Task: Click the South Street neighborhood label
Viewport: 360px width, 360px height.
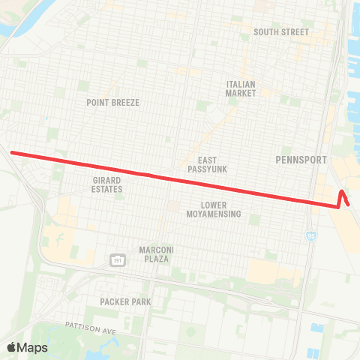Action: (x=281, y=31)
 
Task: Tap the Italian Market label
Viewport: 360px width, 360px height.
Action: (x=241, y=88)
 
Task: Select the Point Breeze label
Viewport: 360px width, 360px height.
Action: (x=113, y=103)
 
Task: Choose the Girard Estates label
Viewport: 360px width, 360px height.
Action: (x=107, y=184)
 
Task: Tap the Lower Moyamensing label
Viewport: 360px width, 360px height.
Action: (x=214, y=209)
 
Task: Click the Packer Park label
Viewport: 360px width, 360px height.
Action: (x=125, y=301)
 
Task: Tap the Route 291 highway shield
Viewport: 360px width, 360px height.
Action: (x=117, y=259)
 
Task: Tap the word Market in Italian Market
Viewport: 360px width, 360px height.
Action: (x=241, y=94)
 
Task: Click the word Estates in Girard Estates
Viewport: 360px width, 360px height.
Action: (x=107, y=189)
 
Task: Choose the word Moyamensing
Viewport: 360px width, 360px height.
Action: (x=214, y=214)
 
